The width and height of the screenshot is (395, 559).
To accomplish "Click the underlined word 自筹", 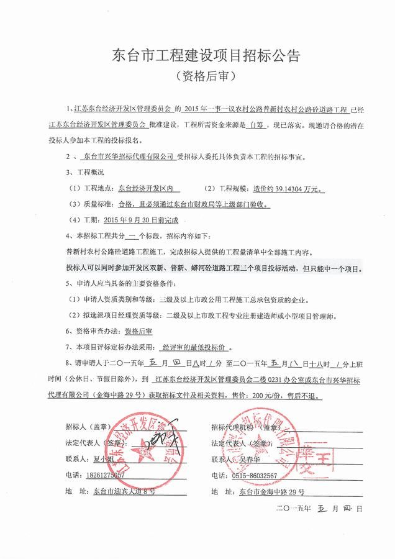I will (x=232, y=125).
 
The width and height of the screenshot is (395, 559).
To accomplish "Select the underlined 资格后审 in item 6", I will (x=138, y=332).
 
